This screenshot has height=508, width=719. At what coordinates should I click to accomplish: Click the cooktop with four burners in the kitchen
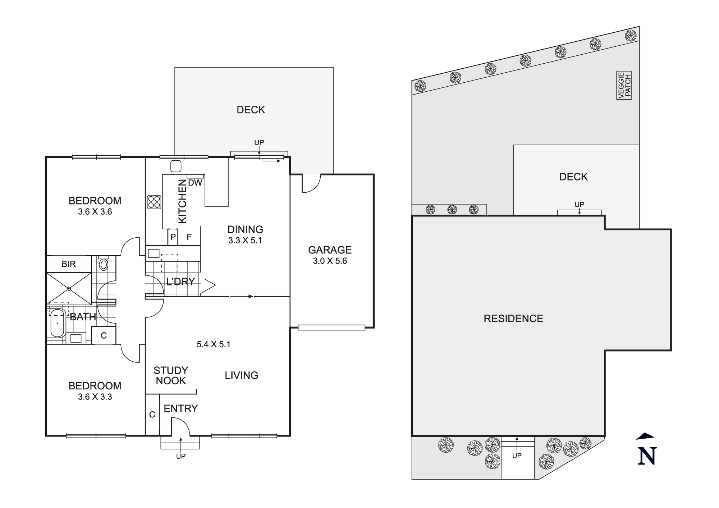pyautogui.click(x=154, y=202)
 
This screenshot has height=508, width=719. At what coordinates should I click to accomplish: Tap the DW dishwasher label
pyautogui.click(x=195, y=183)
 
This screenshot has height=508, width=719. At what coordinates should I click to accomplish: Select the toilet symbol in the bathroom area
pyautogui.click(x=104, y=264)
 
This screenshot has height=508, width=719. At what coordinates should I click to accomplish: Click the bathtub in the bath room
pyautogui.click(x=57, y=323)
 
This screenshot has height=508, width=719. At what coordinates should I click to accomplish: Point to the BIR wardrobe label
pyautogui.click(x=69, y=264)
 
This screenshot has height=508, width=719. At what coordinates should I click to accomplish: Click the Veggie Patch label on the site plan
pyautogui.click(x=624, y=86)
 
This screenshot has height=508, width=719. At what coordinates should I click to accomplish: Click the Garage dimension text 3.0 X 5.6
pyautogui.click(x=330, y=261)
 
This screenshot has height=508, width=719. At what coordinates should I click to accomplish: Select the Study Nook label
pyautogui.click(x=171, y=375)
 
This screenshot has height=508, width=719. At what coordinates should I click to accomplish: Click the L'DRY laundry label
pyautogui.click(x=181, y=282)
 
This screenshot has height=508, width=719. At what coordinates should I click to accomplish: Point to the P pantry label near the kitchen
pyautogui.click(x=173, y=237)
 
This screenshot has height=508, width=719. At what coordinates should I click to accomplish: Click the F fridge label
pyautogui.click(x=189, y=237)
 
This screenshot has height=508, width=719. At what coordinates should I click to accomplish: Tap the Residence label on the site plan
pyautogui.click(x=513, y=319)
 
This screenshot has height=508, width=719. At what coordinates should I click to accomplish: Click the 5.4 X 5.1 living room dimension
pyautogui.click(x=214, y=344)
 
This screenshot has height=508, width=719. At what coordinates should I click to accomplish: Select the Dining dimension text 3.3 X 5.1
pyautogui.click(x=245, y=241)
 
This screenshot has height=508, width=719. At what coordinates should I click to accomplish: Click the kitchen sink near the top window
pyautogui.click(x=176, y=166)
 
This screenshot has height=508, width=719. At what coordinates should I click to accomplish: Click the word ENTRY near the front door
pyautogui.click(x=181, y=408)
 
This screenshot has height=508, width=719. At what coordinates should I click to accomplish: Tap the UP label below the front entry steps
pyautogui.click(x=181, y=456)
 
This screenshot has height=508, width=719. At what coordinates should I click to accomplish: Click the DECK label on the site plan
pyautogui.click(x=573, y=177)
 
